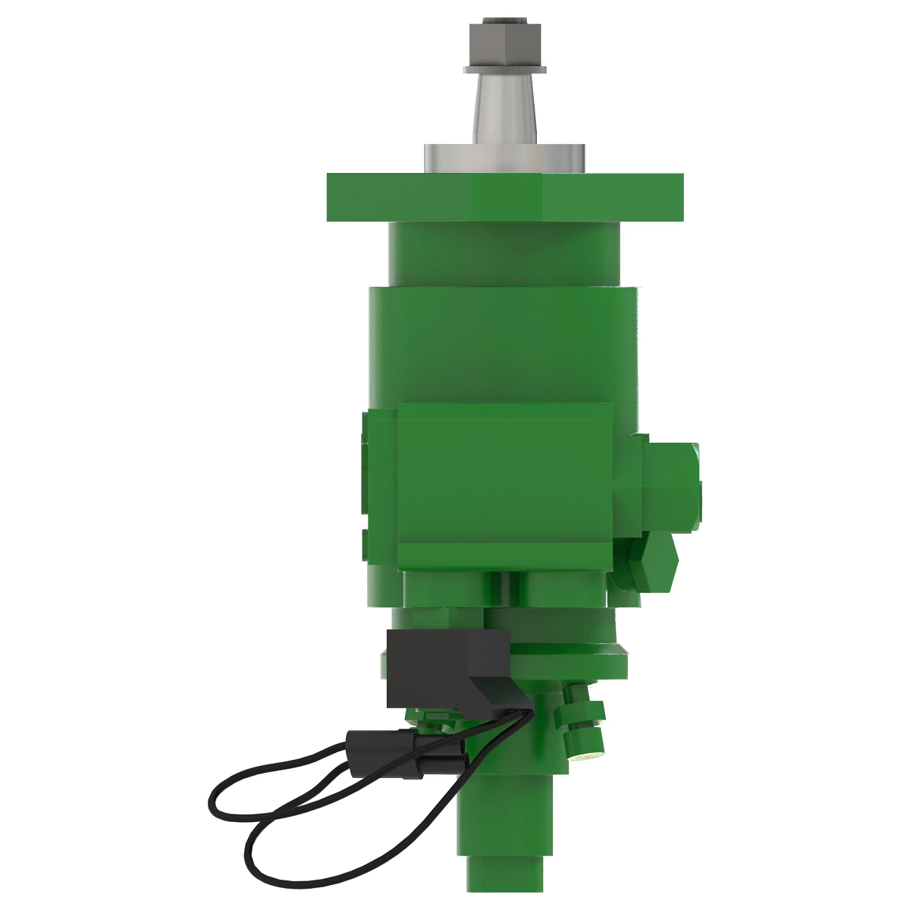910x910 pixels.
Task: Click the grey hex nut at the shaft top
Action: pyautogui.click(x=504, y=41)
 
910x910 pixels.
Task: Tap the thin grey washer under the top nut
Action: pyautogui.click(x=504, y=69)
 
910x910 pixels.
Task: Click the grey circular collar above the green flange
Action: pyautogui.click(x=504, y=158)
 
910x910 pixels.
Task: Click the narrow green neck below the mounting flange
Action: pyautogui.click(x=504, y=254)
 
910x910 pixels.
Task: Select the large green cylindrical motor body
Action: pyautogui.click(x=504, y=341)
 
